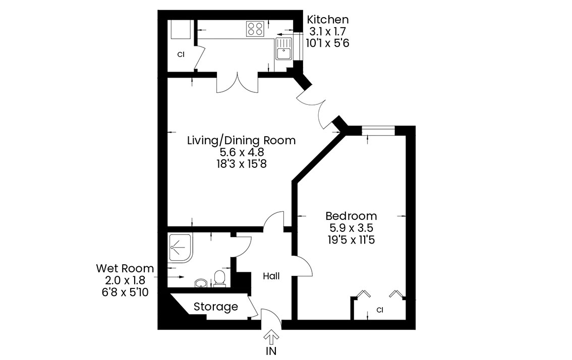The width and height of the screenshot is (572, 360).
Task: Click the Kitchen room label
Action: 327,19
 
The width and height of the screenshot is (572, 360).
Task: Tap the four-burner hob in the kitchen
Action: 255,29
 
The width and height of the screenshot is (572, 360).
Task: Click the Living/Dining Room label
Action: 241,141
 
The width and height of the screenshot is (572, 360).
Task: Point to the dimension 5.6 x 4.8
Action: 242,152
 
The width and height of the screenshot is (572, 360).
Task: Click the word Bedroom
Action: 351,216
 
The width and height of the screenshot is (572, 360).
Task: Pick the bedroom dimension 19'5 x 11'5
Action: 351,240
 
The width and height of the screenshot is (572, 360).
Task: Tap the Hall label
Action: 271,276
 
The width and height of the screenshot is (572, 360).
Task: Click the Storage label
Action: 215,307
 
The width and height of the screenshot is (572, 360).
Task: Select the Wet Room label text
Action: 125,268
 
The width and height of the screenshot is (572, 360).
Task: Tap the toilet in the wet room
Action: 219,278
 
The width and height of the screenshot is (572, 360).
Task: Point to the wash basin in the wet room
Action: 201,283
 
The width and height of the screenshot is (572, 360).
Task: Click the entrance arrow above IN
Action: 271,337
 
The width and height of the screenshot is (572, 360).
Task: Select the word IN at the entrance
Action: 271,351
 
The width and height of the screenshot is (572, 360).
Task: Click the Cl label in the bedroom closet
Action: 380,310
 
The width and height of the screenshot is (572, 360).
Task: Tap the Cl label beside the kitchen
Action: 181,55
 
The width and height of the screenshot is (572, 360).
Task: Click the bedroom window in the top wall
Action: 378,130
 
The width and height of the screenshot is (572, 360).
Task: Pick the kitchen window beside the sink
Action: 298,46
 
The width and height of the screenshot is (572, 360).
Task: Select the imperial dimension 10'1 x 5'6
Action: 327,43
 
